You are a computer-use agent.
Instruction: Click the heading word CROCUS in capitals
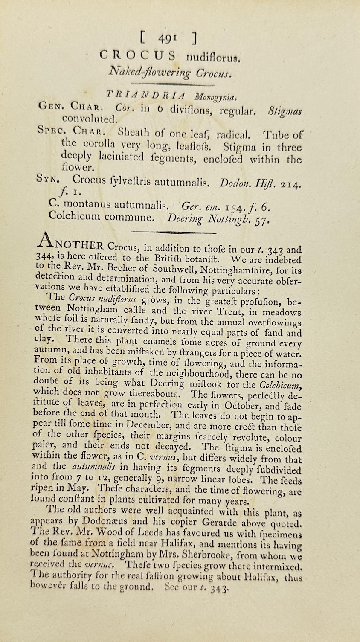coord(137,55)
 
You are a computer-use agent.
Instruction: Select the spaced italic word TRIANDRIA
coord(139,97)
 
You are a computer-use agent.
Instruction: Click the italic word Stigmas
coord(285,111)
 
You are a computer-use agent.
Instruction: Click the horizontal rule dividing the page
coord(174,232)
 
